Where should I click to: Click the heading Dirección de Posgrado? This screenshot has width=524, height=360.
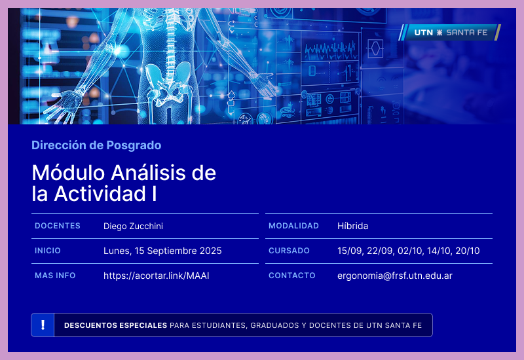coord(96,145)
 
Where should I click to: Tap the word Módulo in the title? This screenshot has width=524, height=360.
coord(69,173)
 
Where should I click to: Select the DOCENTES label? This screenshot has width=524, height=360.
coord(58,226)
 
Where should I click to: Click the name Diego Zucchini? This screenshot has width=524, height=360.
coord(133,226)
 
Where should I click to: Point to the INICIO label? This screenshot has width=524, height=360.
coord(48,251)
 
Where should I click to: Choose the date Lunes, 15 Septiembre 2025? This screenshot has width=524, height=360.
coord(162,251)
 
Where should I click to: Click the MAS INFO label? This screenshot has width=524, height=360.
coord(55,276)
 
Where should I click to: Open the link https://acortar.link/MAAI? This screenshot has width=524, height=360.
coord(156,276)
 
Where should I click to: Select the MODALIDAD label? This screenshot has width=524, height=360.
coord(293,226)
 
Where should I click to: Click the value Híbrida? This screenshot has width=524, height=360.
coord(352,226)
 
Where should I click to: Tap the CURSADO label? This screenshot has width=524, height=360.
coord(289,251)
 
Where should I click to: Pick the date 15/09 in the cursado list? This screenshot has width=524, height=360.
coord(348,251)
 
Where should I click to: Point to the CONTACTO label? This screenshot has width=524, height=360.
coord(292,276)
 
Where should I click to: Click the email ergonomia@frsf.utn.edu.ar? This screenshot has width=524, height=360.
coord(394,276)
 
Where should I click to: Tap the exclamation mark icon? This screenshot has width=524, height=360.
coord(43,325)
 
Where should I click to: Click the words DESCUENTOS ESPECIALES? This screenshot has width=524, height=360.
coord(115,325)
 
